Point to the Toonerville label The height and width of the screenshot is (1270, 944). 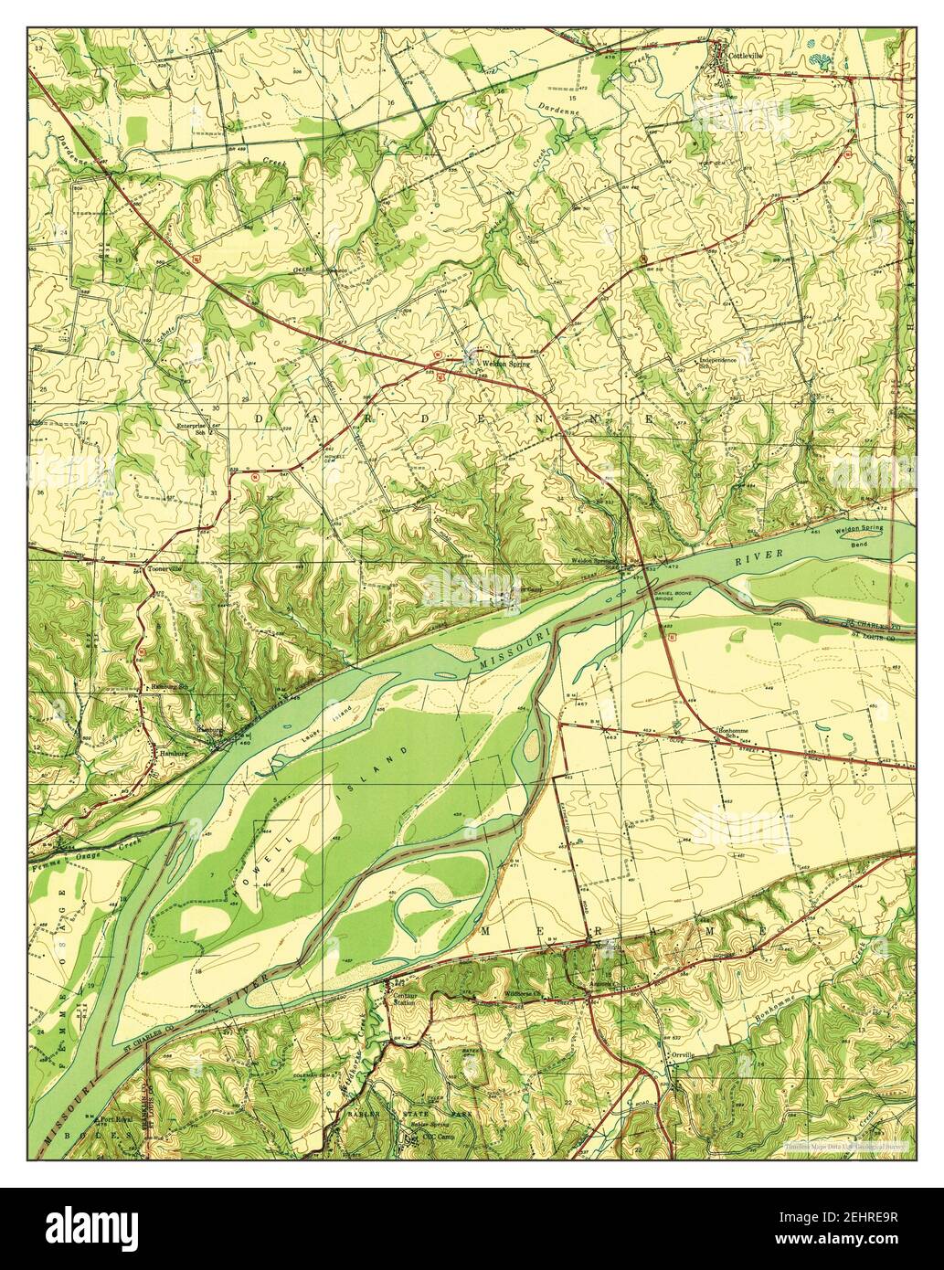click(x=164, y=568)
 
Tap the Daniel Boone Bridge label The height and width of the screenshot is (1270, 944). click(x=674, y=598)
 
